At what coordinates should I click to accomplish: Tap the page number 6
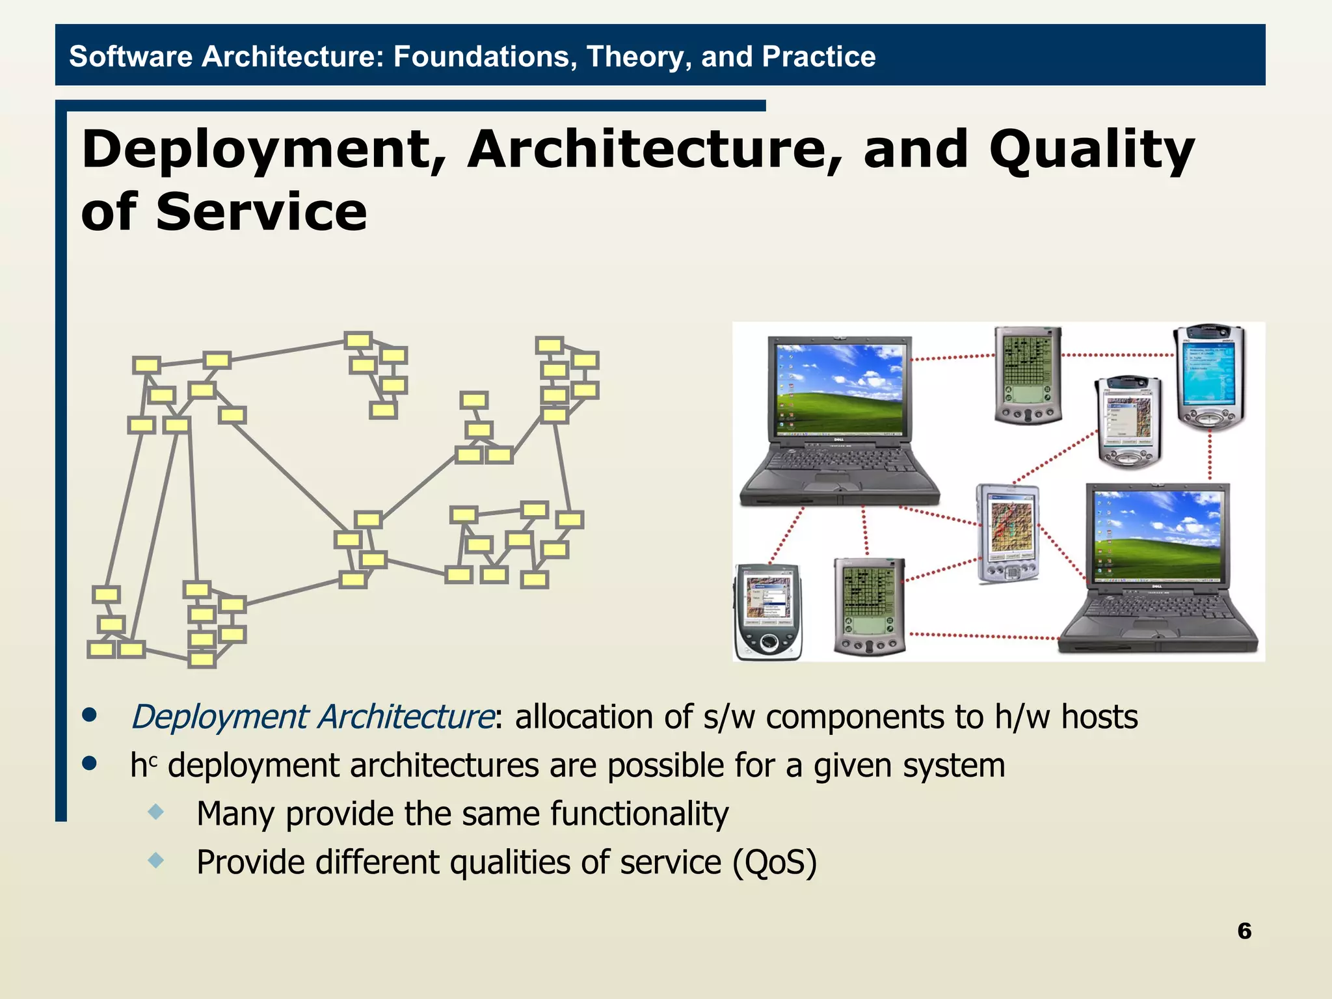(x=1244, y=931)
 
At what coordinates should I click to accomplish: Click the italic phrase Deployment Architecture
(x=313, y=717)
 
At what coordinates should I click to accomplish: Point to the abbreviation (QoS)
(x=774, y=862)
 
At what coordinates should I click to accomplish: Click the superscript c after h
(x=153, y=758)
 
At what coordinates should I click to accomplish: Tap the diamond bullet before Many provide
(x=156, y=811)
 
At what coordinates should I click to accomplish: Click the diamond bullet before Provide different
(x=156, y=860)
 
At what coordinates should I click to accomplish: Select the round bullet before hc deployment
(x=90, y=763)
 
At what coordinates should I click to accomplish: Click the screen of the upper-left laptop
(x=839, y=388)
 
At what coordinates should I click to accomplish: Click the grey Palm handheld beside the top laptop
(x=1028, y=375)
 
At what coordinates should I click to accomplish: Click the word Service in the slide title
(x=261, y=213)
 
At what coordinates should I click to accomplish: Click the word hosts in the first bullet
(x=1099, y=717)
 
